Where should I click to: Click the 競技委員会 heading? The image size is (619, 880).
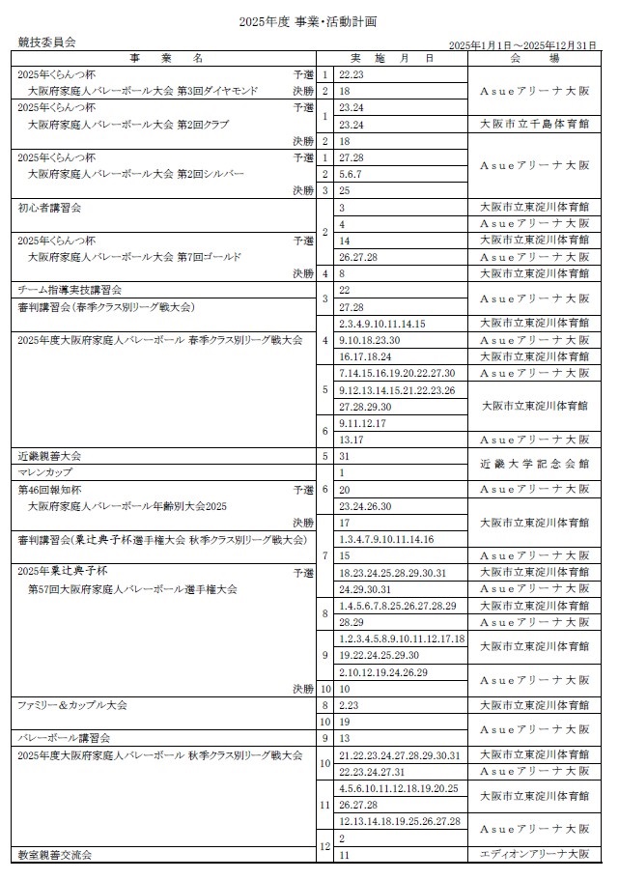tap(46, 42)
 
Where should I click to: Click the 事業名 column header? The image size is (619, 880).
tap(168, 59)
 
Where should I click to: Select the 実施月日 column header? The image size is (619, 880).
tap(401, 59)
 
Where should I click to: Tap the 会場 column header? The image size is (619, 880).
tap(534, 59)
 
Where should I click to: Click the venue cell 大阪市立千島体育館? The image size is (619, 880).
tap(534, 124)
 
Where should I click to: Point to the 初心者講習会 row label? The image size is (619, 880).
tap(49, 207)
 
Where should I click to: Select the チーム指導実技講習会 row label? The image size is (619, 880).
tap(70, 290)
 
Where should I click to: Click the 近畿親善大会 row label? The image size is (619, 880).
tap(51, 455)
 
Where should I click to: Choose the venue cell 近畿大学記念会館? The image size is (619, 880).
tap(534, 464)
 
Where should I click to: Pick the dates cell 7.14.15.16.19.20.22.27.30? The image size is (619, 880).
tap(397, 373)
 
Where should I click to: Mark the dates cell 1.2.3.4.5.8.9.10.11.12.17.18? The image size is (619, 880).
tap(402, 639)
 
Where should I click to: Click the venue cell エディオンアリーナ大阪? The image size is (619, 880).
tap(534, 854)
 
